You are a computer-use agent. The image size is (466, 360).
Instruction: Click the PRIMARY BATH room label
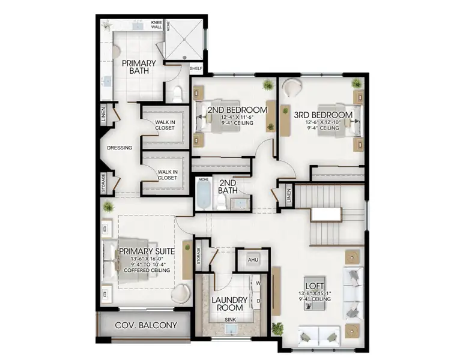[x=139, y=67]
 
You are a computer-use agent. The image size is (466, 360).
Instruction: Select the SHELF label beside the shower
[x=196, y=68]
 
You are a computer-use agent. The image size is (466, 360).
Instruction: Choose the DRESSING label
[x=120, y=148]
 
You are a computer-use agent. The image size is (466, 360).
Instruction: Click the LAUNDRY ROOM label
[x=230, y=304]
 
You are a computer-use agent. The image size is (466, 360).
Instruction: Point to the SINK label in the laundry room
[x=230, y=320]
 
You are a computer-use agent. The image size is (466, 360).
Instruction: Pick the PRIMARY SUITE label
[x=147, y=251]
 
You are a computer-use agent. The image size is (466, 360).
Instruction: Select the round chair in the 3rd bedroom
[x=292, y=88]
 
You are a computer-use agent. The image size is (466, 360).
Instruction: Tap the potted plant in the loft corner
[x=277, y=328]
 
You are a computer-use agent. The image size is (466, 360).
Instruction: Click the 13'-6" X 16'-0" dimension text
[x=147, y=259]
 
